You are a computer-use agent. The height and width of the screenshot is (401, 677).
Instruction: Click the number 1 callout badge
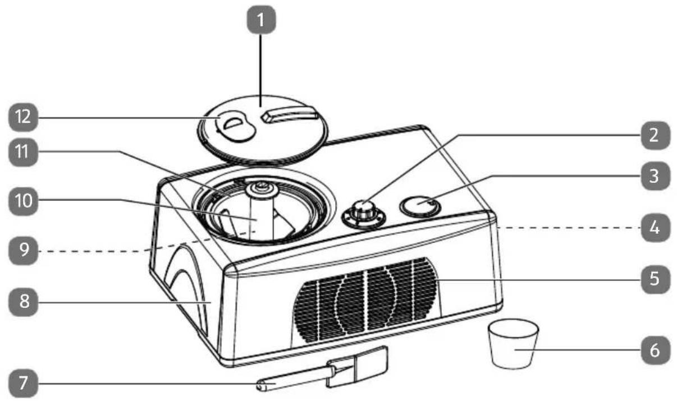click(261, 20)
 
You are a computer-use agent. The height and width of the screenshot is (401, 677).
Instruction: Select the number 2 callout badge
click(655, 135)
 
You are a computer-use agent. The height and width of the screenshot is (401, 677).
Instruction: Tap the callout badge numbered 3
click(655, 176)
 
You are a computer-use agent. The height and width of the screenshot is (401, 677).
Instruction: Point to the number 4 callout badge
click(655, 228)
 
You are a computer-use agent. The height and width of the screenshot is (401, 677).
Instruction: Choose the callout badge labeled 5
click(655, 279)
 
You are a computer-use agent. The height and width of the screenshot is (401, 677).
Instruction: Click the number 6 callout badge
click(655, 351)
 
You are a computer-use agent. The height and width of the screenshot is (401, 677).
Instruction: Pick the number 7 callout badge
click(24, 384)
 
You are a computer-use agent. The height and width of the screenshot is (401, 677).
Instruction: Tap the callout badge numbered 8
click(24, 302)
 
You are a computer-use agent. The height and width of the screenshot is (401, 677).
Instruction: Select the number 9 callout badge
click(24, 251)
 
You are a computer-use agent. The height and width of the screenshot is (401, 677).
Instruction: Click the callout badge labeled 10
click(24, 201)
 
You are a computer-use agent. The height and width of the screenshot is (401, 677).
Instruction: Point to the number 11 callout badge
click(24, 152)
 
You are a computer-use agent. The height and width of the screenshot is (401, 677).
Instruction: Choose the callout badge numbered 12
click(24, 117)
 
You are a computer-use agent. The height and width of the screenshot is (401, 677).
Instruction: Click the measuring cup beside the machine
click(513, 344)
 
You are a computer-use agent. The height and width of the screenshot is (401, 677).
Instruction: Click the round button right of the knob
click(420, 206)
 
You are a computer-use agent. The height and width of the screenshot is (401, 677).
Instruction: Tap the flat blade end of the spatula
click(356, 367)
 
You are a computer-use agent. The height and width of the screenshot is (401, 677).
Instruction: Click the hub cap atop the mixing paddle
click(262, 190)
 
